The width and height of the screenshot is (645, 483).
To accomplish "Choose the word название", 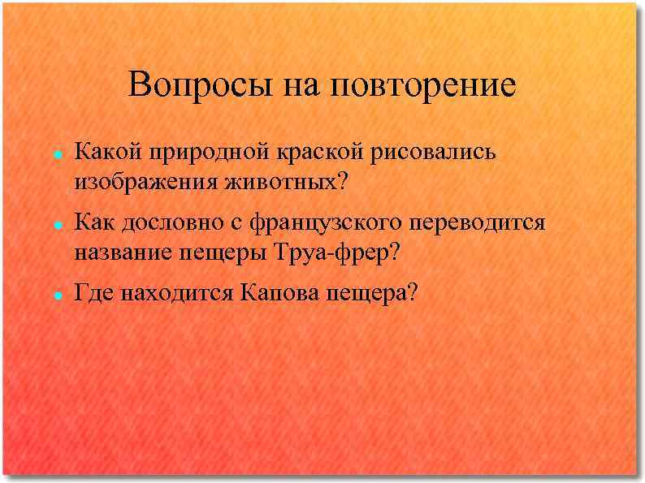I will coord(123,252).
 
